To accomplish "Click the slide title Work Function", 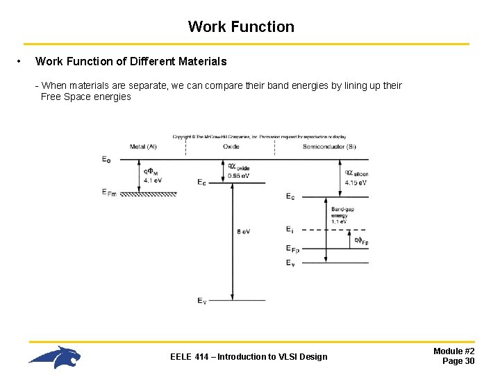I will (x=241, y=27).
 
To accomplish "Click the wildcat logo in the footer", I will (x=55, y=357).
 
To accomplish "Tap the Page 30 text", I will (x=458, y=361).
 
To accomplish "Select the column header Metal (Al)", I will (x=143, y=147).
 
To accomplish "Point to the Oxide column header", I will (x=231, y=147).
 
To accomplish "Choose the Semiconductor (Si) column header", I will (x=329, y=147).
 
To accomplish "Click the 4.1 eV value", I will (x=153, y=181).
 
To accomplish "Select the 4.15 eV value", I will (x=356, y=182).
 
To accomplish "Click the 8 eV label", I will (x=243, y=231).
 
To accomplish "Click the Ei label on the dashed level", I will (x=290, y=229).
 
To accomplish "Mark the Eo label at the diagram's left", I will (x=106, y=159).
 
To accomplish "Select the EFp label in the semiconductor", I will (x=292, y=248).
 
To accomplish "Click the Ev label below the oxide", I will (x=201, y=301).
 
